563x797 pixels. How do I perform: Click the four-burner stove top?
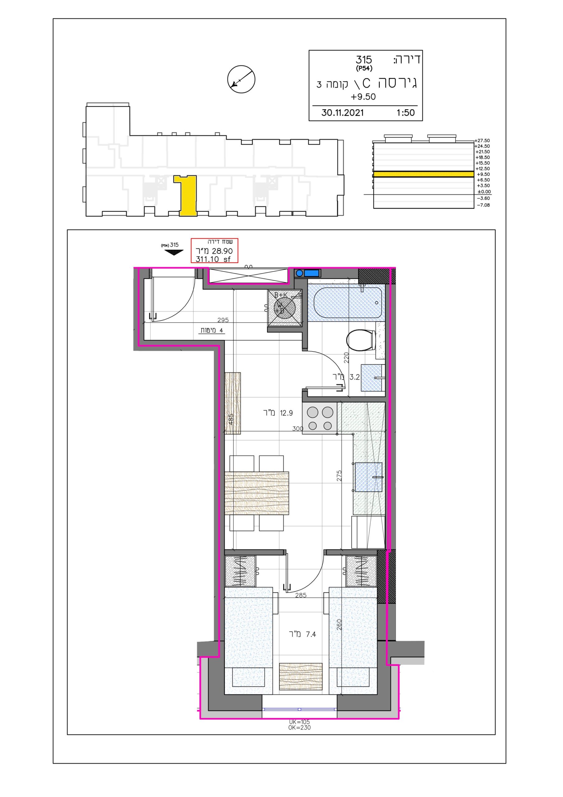click(x=320, y=418)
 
